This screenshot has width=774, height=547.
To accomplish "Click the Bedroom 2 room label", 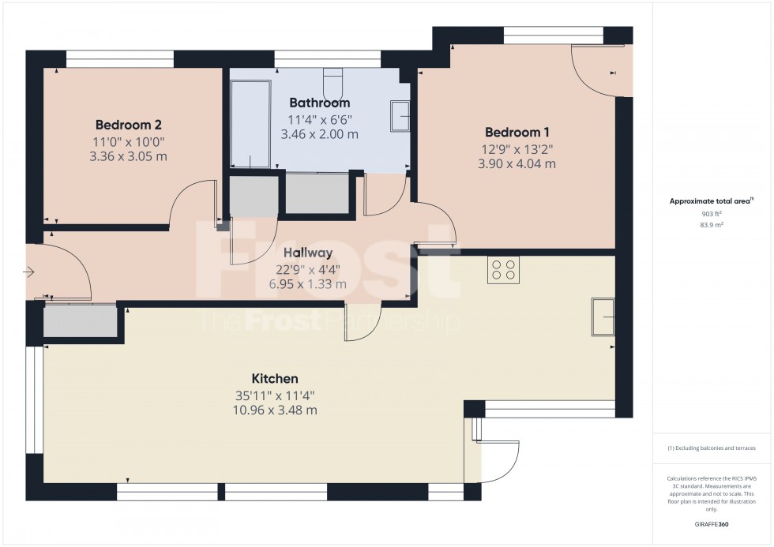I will point(129,125).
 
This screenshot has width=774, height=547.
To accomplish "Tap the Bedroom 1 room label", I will point(517,132).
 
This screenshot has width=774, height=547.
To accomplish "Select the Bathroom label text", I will point(319,103).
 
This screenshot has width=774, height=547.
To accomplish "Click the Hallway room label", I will point(308,253).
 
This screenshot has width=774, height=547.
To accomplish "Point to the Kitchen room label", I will point(275,378).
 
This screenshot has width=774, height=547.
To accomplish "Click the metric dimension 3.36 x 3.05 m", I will point(129,156).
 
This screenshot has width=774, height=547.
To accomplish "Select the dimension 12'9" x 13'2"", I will point(517,148).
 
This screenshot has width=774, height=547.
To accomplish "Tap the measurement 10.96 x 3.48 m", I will point(275,410).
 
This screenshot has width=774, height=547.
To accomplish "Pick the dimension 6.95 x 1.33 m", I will point(308,284).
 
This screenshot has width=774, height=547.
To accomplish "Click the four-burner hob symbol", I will point(504,271).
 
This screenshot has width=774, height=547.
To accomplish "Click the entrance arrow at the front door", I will point(29,273).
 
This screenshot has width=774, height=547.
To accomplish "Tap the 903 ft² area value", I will point(712,213).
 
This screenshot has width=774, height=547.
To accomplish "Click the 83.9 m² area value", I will point(712,224).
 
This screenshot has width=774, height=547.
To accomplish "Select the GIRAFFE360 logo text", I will point(712,523).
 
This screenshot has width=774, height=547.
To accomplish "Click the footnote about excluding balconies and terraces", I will point(712,448).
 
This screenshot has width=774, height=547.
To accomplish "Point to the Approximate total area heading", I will point(712,200).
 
